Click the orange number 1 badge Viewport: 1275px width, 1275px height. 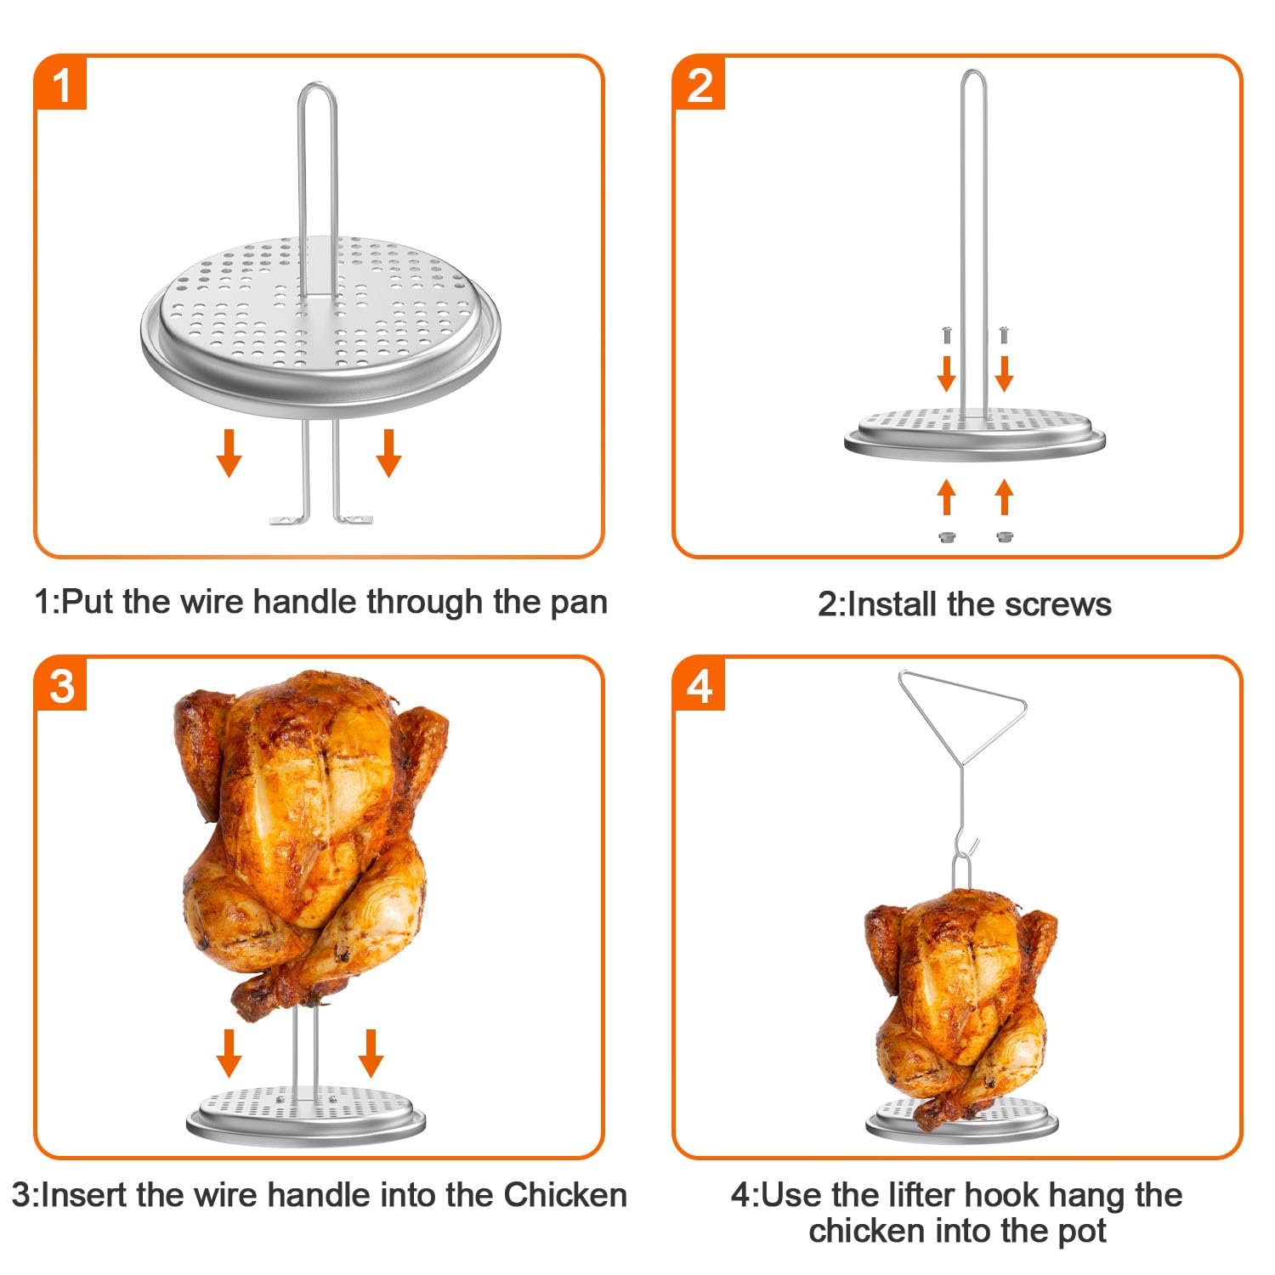pos(61,84)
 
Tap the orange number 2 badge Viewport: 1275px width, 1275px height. pos(700,84)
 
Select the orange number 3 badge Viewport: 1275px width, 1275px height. pos(61,684)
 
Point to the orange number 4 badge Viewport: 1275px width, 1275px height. pos(700,684)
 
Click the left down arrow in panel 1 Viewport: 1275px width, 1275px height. pos(229,453)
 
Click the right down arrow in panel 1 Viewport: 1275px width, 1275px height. pos(388,453)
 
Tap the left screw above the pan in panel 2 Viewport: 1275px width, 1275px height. pos(947,335)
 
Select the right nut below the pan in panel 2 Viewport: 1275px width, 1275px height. pos(1004,537)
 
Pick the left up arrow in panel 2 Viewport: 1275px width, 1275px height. pos(947,497)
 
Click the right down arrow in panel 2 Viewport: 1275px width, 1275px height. pos(1004,373)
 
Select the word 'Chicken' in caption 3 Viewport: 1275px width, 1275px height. pos(565,1195)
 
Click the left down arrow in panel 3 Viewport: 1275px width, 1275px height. pos(229,1053)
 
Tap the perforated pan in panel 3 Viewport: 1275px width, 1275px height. pos(305,1113)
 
